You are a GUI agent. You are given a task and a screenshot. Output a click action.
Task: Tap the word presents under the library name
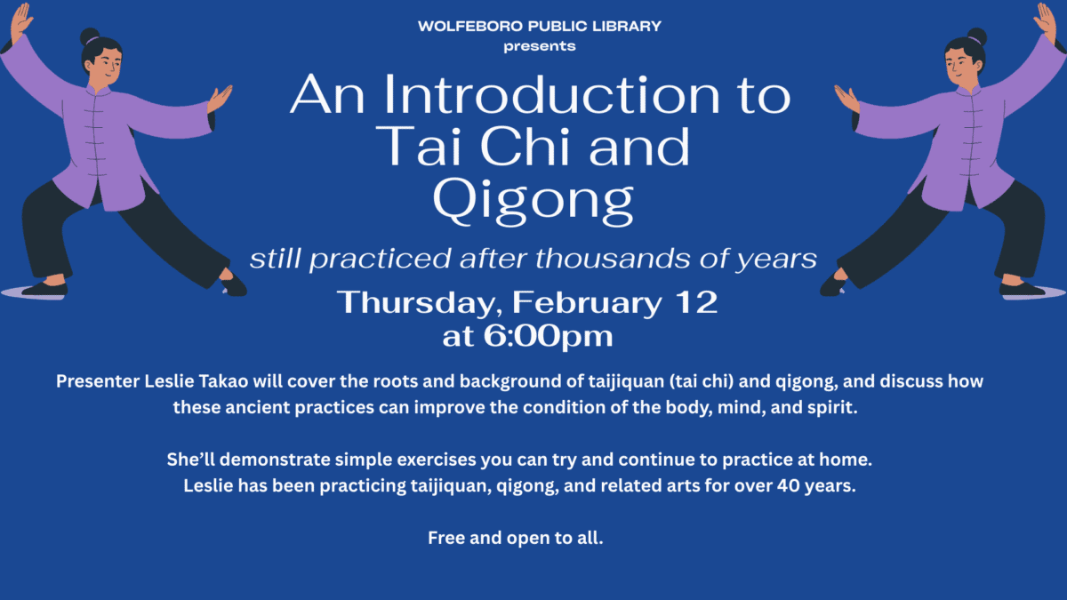pyautogui.click(x=540, y=45)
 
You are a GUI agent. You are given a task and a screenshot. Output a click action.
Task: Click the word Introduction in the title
pyautogui.click(x=537, y=95)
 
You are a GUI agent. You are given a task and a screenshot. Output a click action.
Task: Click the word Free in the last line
pyautogui.click(x=445, y=538)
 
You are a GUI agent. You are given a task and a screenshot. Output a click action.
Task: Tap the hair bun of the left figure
pyautogui.click(x=90, y=36)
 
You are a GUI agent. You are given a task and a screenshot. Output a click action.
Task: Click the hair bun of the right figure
pyautogui.click(x=976, y=36)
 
